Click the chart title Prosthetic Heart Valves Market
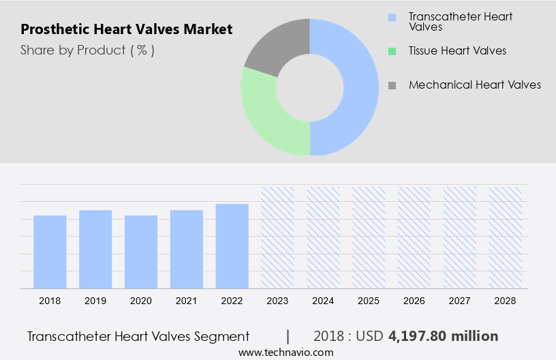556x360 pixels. (x=126, y=29)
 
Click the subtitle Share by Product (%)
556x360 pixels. (x=87, y=50)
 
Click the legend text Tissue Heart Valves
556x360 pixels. (x=457, y=50)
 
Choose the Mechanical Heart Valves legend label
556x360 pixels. (x=474, y=85)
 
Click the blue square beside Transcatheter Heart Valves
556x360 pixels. (x=392, y=16)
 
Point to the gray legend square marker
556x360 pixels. (x=392, y=85)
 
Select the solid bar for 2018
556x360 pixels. (x=50, y=252)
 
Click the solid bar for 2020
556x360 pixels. (x=141, y=252)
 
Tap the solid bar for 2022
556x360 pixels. (x=232, y=246)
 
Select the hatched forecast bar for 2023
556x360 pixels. (x=277, y=237)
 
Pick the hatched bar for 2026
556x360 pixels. (x=414, y=237)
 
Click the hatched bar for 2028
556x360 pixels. (x=506, y=237)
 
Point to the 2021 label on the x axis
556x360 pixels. (x=187, y=300)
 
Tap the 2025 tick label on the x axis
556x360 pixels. (x=369, y=300)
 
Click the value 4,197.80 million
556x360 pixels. (x=443, y=336)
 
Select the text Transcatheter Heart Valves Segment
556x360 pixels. (x=138, y=336)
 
